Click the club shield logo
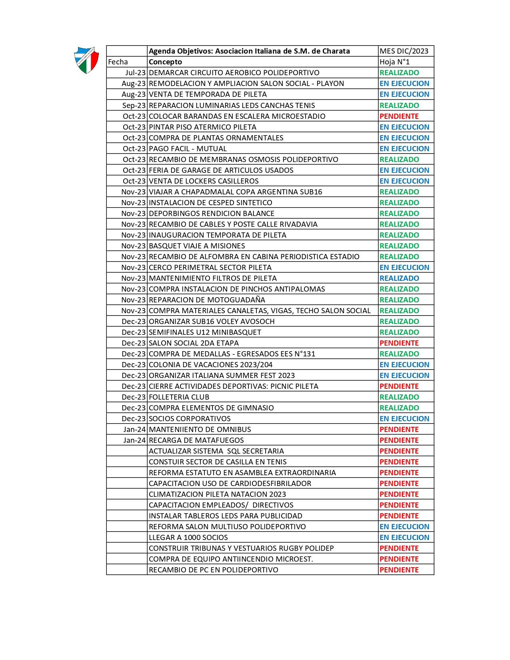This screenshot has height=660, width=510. tap(86, 60)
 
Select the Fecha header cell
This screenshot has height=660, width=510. tap(118, 62)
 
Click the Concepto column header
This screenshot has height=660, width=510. tap(165, 62)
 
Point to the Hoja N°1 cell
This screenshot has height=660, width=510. tap(394, 62)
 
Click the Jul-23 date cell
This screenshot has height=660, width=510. tap(135, 72)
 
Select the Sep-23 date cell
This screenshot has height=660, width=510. tap(134, 105)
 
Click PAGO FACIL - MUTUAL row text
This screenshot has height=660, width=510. tap(188, 148)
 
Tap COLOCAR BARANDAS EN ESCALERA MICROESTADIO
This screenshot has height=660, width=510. tap(237, 116)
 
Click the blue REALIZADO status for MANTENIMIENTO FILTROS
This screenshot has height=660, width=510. tap(399, 278)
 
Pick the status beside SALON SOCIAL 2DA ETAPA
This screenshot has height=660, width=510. tap(399, 343)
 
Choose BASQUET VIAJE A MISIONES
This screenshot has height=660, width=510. tap(197, 246)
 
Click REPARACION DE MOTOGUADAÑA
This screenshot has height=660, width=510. tap(207, 300)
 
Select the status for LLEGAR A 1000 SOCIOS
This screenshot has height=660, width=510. tap(404, 537)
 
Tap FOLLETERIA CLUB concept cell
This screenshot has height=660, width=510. tap(179, 397)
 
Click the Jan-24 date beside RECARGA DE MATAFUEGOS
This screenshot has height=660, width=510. tap(134, 440)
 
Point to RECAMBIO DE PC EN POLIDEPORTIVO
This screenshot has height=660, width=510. tap(213, 570)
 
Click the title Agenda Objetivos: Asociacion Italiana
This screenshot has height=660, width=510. tap(249, 51)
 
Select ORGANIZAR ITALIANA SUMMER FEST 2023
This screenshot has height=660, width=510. tap(222, 375)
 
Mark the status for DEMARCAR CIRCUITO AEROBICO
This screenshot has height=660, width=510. tap(399, 72)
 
